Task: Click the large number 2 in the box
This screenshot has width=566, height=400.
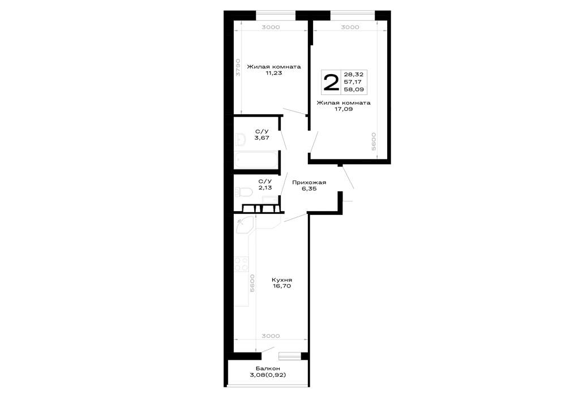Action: [331, 83]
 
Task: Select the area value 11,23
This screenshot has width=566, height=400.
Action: [273, 73]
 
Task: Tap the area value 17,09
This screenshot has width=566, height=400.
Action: [344, 109]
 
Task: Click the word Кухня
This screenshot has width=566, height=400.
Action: [282, 280]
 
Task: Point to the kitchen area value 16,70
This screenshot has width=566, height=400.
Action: [282, 286]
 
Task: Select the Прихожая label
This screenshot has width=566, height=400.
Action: [309, 182]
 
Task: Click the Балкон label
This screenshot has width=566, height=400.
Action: [268, 369]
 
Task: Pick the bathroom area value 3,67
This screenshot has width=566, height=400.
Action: [261, 138]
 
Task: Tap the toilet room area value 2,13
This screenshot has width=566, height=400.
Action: [265, 188]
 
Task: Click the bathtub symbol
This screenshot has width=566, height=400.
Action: [255, 160]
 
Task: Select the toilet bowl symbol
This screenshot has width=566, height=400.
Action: [243, 192]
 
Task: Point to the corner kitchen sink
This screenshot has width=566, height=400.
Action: [244, 223]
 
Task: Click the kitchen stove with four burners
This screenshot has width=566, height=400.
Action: [242, 264]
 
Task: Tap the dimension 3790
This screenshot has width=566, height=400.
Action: [238, 67]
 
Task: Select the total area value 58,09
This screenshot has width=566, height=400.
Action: [354, 89]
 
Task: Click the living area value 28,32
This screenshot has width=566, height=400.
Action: [354, 74]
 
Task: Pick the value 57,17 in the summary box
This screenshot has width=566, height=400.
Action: [353, 82]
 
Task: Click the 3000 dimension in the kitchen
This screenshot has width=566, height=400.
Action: [271, 336]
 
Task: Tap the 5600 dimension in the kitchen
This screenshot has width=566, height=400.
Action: [252, 283]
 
